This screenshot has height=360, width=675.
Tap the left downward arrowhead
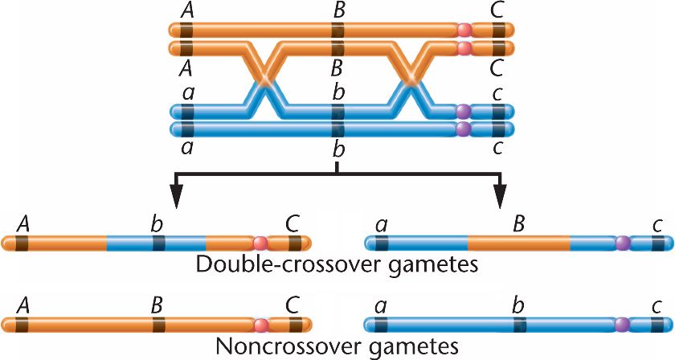tap(177, 196)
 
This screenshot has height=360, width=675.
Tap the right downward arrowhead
tap(500, 196)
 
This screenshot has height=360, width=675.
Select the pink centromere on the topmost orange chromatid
tap(464, 30)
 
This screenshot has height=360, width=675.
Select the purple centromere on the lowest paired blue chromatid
tap(464, 129)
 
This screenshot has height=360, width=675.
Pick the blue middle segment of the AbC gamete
tap(157, 242)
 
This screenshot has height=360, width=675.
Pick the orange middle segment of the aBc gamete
tap(518, 242)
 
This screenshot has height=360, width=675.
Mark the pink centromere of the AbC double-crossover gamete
tap(260, 242)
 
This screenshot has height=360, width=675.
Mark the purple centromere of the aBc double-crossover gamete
tap(622, 242)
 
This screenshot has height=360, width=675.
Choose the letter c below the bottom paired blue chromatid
tap(499, 147)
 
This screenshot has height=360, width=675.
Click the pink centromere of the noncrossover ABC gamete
tap(260, 325)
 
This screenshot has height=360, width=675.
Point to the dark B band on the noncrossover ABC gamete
tap(157, 325)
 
